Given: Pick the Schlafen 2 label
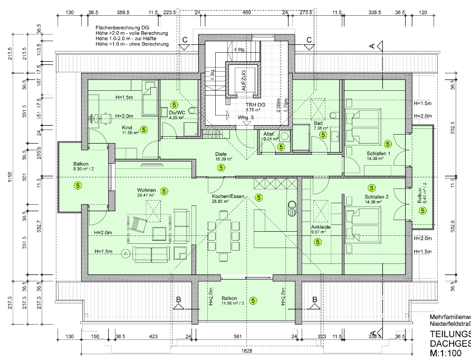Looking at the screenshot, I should point(376,196).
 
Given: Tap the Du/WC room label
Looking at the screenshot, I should point(176,112).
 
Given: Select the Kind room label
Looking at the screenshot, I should point(127,128).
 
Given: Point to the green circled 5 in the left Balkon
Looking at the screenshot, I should point(78,185).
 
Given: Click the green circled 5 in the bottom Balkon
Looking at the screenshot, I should point(253,301).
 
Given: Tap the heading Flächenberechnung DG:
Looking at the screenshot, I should point(122,27).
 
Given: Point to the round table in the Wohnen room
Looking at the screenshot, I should point(126,253).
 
